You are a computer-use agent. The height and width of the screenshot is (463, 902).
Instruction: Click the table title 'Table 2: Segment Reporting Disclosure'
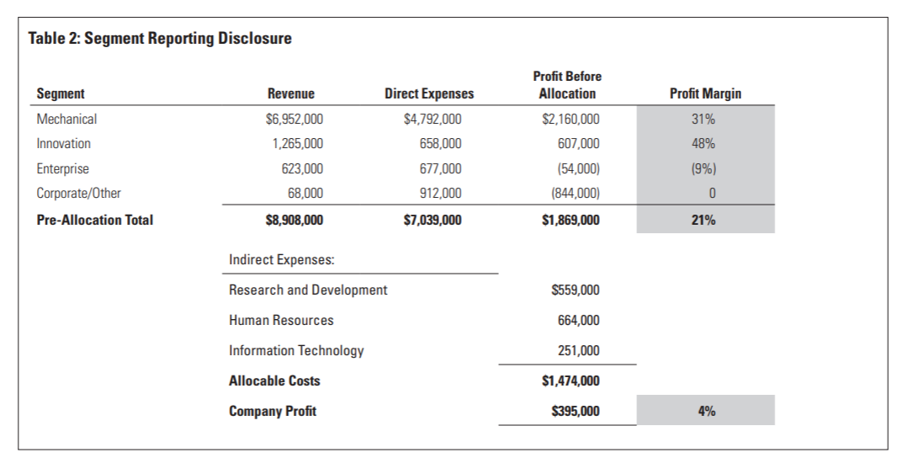click(x=160, y=38)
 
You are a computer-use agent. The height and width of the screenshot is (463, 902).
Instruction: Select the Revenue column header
click(x=290, y=94)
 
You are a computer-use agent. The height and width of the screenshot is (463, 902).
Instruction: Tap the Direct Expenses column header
click(x=428, y=94)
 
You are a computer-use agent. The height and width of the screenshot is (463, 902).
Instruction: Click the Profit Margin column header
click(x=705, y=94)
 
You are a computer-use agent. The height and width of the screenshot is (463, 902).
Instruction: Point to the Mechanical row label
click(x=66, y=120)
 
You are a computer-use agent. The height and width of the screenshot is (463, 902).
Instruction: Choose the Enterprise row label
click(x=62, y=169)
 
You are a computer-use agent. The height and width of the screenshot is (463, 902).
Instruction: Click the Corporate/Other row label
click(x=78, y=194)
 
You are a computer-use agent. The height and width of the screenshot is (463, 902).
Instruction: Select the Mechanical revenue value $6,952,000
click(x=294, y=120)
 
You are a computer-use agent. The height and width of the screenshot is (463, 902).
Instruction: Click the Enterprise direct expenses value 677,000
click(x=440, y=169)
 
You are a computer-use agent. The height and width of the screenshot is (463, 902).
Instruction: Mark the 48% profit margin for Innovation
click(x=705, y=144)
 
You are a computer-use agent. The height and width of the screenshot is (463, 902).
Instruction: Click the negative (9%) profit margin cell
click(x=705, y=169)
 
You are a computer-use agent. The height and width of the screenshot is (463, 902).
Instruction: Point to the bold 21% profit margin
click(x=705, y=221)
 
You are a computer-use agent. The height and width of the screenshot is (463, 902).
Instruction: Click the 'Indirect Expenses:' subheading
click(x=281, y=260)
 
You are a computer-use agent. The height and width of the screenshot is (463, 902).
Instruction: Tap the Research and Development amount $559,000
click(x=576, y=290)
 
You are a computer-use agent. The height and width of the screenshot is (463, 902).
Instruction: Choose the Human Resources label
click(x=281, y=321)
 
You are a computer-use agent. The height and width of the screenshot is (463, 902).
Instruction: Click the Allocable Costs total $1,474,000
click(x=571, y=381)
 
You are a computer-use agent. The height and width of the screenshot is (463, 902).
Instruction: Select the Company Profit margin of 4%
click(x=705, y=412)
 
